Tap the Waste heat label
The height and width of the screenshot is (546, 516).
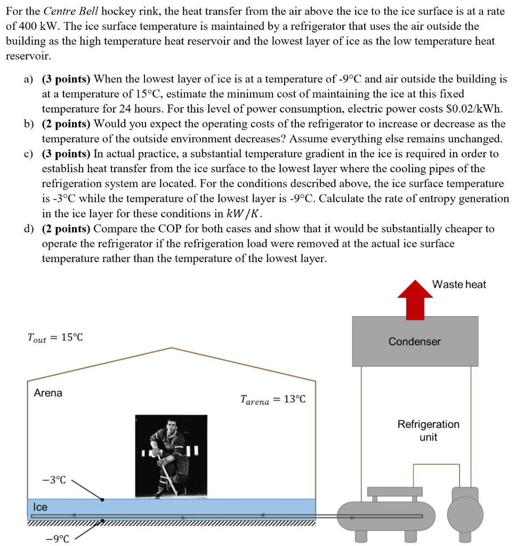(x=459, y=284)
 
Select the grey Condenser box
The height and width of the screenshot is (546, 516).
(x=415, y=341)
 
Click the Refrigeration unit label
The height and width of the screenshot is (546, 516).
(x=428, y=430)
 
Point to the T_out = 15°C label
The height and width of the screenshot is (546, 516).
(x=55, y=338)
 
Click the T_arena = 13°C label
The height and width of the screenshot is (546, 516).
(x=273, y=399)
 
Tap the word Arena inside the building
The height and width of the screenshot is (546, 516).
(x=48, y=393)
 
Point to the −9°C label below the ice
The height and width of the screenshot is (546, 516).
(x=58, y=539)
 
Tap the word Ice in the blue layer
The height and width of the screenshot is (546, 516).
(x=40, y=507)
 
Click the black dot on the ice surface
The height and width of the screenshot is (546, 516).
(x=102, y=500)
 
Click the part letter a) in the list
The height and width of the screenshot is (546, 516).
(x=28, y=79)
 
